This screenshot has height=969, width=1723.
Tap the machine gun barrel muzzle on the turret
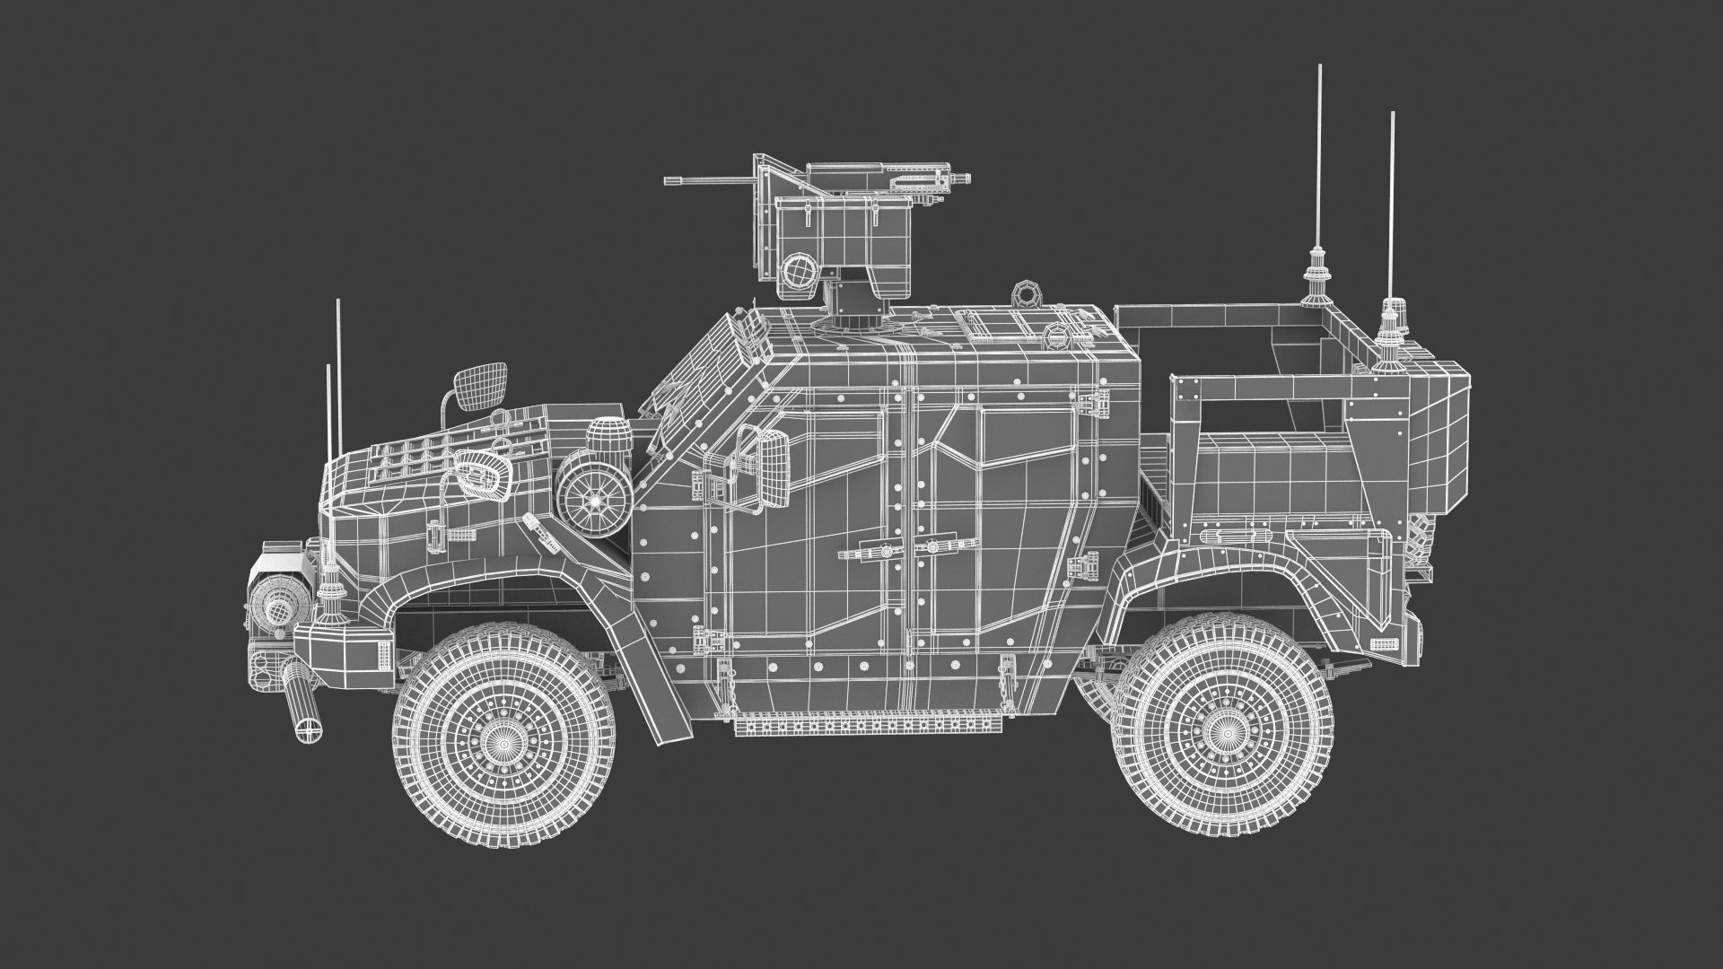[x=669, y=180]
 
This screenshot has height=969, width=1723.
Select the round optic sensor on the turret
[x=795, y=270]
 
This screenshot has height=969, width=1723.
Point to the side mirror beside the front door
[x=773, y=466]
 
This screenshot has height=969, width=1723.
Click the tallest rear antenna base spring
[x=1318, y=268]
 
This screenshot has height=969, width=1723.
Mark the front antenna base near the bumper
[x=331, y=593]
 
